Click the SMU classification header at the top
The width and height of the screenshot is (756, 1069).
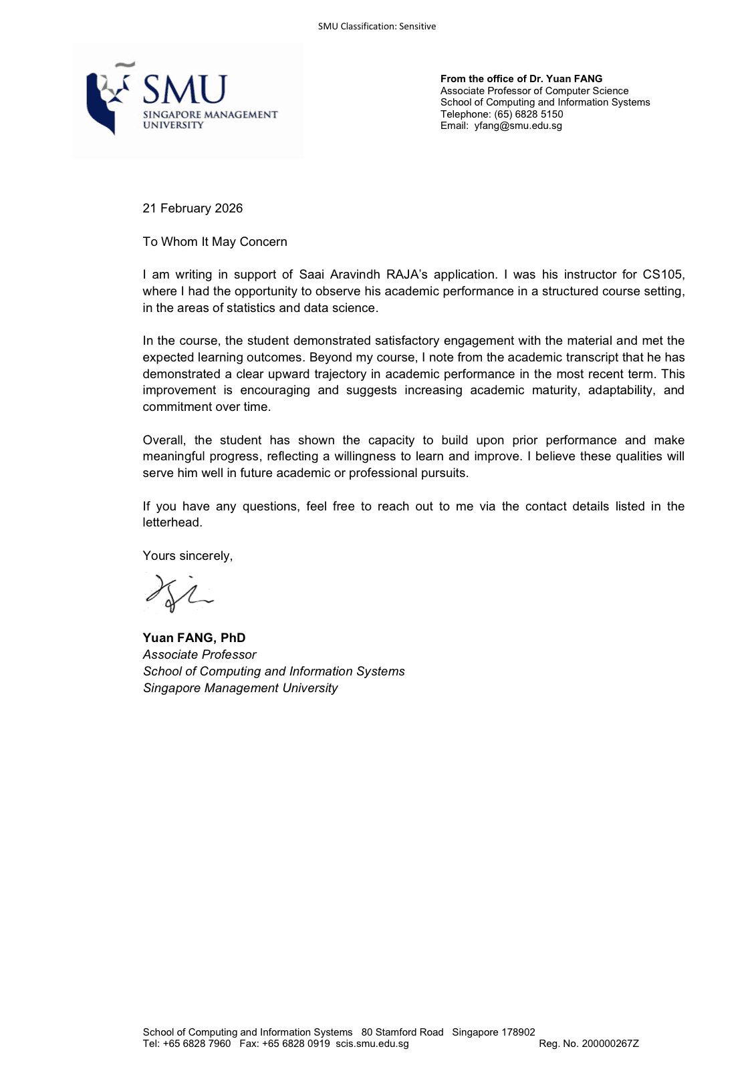click(376, 27)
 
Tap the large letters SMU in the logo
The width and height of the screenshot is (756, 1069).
click(184, 90)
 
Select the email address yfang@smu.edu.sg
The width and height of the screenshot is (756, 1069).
click(518, 126)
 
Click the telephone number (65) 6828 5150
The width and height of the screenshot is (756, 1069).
click(528, 114)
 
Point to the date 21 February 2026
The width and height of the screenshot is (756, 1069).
click(193, 208)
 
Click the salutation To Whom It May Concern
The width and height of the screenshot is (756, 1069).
click(215, 242)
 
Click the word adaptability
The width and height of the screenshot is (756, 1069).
click(621, 390)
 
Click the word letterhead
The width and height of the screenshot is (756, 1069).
click(172, 522)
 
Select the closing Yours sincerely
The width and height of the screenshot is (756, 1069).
click(188, 556)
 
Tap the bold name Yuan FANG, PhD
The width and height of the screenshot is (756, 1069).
click(194, 638)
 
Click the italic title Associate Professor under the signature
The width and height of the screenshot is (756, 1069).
click(199, 655)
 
